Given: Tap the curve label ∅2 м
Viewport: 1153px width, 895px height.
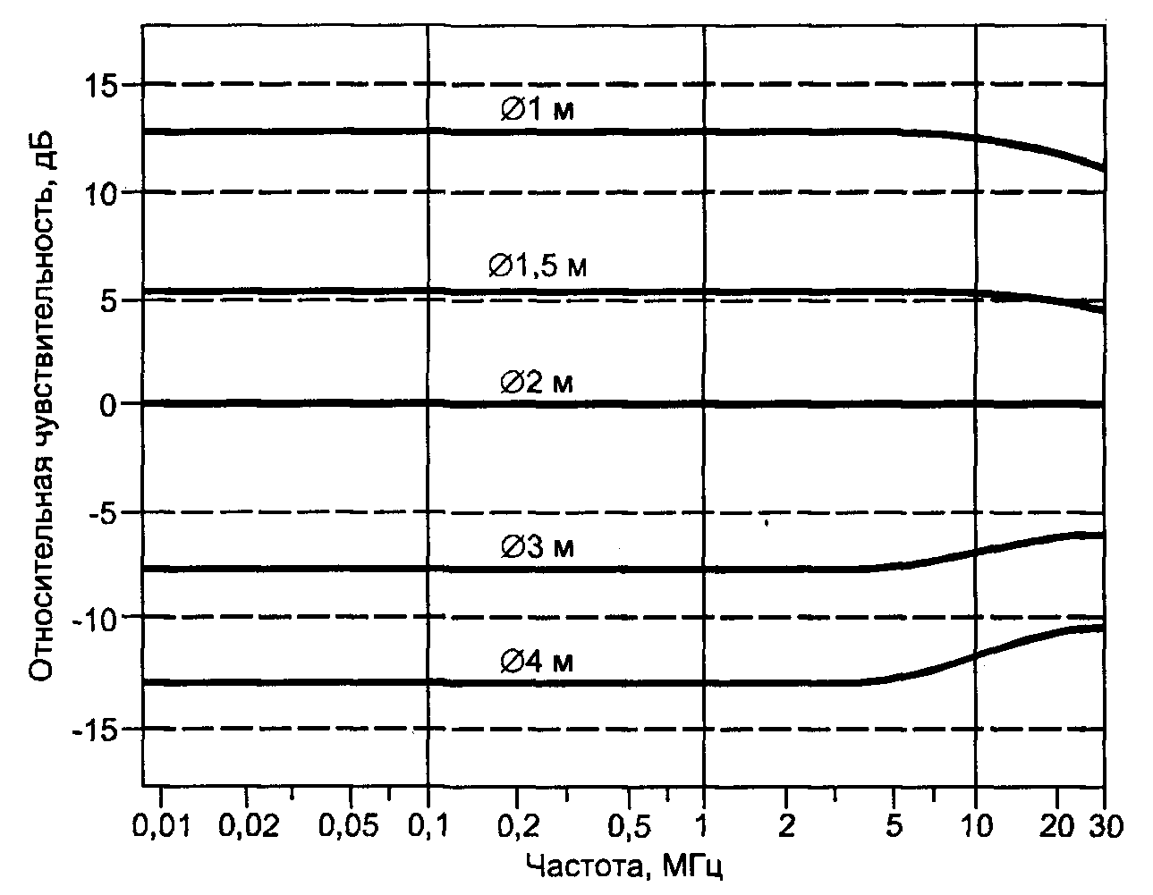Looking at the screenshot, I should (x=536, y=383).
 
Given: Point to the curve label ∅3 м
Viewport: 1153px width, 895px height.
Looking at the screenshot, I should (x=536, y=546).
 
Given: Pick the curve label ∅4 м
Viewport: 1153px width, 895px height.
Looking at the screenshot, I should (x=536, y=662).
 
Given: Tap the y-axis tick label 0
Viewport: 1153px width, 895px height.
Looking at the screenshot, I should (x=110, y=404).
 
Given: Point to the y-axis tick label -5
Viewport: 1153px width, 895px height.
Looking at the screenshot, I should (x=100, y=513).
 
